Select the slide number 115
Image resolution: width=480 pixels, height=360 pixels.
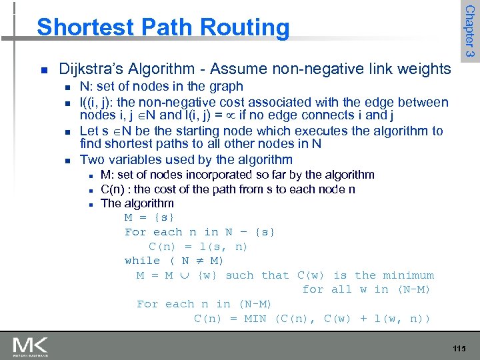pyautogui.click(x=459, y=349)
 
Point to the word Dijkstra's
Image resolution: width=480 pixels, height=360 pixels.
pyautogui.click(x=87, y=69)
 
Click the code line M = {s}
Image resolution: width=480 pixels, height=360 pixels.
pyautogui.click(x=149, y=218)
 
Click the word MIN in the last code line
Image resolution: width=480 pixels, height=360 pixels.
pyautogui.click(x=255, y=318)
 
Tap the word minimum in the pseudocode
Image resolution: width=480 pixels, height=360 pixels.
pyautogui.click(x=407, y=275)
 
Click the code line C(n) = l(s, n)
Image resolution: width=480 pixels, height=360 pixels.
pyautogui.click(x=198, y=247)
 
